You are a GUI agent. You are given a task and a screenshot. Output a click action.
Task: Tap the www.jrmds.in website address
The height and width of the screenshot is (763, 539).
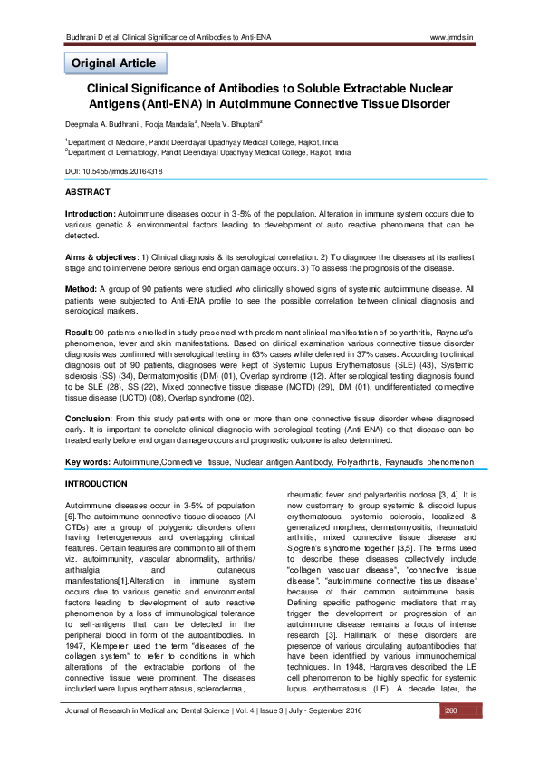point(457,37)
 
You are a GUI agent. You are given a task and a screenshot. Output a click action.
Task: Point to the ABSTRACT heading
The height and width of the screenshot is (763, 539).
point(88,192)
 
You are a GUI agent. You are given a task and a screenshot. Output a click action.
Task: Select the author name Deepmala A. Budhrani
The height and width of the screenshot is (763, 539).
point(101,123)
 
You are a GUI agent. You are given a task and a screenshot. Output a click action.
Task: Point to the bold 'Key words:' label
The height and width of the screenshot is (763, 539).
point(87,462)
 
